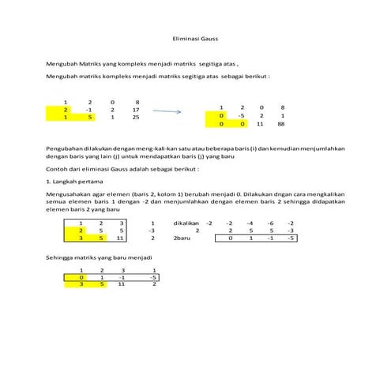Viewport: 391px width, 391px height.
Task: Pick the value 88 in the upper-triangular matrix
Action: click(282, 124)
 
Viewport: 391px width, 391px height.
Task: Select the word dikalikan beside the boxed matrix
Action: click(186, 224)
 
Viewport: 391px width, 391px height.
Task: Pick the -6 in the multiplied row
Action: click(269, 224)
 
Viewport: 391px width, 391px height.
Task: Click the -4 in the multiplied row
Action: click(250, 224)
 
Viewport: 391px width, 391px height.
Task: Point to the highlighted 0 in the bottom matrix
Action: click(70, 277)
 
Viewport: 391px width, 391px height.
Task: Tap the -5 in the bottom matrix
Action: click(153, 277)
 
